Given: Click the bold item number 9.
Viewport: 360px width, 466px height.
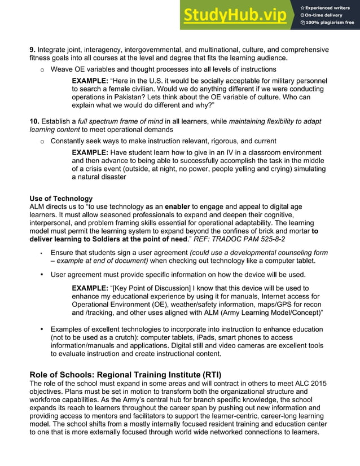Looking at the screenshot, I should (32, 50).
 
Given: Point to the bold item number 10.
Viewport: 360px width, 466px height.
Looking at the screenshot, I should (34, 121).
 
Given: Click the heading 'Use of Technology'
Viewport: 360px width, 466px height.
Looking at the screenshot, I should (61, 198).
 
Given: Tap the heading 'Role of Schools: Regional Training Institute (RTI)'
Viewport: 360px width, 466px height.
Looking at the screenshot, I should (125, 375).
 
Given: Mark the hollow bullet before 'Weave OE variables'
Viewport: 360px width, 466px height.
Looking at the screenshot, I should (42, 70).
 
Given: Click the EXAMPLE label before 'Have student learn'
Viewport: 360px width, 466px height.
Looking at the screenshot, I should (90, 153).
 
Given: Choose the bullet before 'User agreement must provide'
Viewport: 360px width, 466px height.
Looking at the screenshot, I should (42, 275).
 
